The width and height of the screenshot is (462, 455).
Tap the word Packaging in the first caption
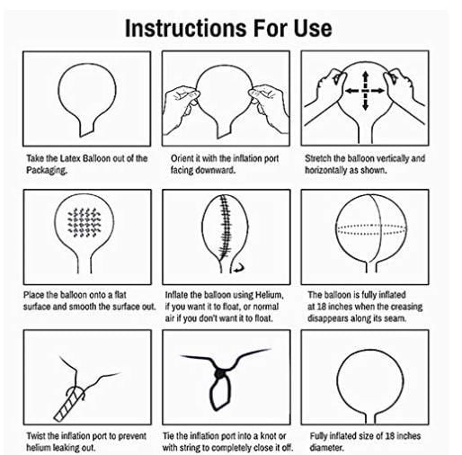click(47, 170)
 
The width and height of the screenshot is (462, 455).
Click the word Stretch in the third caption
click(317, 158)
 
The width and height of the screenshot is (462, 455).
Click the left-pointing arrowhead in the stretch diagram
click(350, 91)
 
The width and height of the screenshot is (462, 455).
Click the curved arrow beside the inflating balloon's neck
click(239, 268)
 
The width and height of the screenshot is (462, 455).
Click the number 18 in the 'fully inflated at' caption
click(320, 307)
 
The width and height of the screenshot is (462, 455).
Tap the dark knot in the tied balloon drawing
click(219, 373)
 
